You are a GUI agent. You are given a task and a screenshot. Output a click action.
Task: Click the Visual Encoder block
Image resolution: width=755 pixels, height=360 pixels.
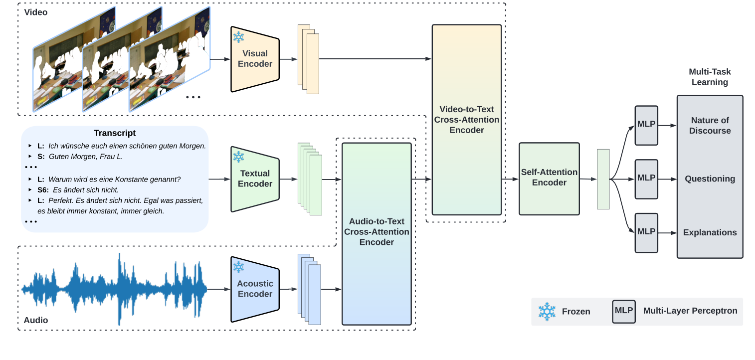pos(255,59)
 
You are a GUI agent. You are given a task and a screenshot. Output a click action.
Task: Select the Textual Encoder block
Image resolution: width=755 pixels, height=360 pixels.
pos(255,179)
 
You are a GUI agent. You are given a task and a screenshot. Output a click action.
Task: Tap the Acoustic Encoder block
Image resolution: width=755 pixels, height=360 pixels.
pos(255,289)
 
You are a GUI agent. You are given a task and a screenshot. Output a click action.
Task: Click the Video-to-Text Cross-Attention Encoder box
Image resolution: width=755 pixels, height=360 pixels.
pos(466,120)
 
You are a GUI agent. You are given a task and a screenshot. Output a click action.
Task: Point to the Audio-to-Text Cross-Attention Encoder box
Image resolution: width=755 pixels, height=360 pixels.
pos(377,232)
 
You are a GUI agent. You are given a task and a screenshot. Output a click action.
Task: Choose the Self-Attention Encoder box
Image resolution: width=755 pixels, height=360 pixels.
pos(549,178)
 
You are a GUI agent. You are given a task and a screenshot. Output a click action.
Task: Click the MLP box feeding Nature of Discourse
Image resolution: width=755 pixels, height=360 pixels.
pos(646,125)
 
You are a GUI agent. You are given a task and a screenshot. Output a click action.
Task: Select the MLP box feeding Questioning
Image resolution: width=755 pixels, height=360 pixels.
pos(646,178)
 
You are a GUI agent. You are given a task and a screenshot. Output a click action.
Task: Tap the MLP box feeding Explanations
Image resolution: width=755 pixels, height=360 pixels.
pos(646,232)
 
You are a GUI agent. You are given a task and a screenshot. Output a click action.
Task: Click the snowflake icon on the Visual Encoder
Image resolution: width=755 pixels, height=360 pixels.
pos(239,37)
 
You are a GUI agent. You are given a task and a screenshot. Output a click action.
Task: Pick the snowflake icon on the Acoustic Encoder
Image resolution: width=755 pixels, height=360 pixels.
pos(239,267)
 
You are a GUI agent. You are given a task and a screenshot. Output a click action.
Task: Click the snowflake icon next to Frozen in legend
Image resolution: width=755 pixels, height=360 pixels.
pos(547,311)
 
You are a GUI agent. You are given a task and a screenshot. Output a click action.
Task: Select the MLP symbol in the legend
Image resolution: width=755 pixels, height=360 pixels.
pos(624,311)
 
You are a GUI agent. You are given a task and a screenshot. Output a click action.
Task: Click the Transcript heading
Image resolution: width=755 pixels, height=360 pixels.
pos(115,133)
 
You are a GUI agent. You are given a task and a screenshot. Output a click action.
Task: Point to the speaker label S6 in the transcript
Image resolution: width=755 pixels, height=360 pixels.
pos(43,190)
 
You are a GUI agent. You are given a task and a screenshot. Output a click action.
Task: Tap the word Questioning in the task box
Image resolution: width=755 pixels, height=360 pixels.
pos(710,179)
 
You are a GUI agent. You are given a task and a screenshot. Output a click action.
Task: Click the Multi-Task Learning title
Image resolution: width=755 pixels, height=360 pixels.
pos(710,77)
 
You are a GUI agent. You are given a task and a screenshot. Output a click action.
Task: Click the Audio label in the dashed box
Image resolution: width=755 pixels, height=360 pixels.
pos(36,320)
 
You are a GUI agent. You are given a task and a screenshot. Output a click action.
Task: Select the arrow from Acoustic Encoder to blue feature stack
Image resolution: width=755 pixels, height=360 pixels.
pos(288,289)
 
